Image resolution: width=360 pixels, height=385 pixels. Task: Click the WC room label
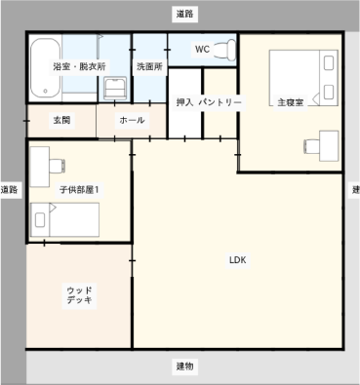point(202,50)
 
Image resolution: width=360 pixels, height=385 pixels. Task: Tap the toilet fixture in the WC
point(225,50)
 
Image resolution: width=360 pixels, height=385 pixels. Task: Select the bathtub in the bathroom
point(46,68)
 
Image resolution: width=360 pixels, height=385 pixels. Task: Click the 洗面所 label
point(149,66)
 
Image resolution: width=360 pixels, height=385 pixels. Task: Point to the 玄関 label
point(61,120)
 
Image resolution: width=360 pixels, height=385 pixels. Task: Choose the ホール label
point(132,120)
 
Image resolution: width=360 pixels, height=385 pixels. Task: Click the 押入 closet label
point(185,102)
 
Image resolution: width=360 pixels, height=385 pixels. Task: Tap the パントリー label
point(220,102)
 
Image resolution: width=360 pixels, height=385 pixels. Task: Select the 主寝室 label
point(291,102)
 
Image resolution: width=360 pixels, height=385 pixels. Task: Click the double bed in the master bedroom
point(303,78)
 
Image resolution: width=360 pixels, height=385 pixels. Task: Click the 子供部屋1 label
point(79,189)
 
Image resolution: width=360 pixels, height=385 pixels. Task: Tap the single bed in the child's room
point(64,220)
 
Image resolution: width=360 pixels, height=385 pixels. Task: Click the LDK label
point(238,260)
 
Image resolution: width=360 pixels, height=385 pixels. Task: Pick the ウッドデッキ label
point(79,295)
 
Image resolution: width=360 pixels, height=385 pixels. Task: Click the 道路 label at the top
point(184,14)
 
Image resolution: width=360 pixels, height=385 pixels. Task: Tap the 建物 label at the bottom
point(184,366)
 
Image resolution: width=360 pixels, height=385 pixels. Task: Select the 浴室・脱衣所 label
point(79,66)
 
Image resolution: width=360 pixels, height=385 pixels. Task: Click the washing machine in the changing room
point(115,89)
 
